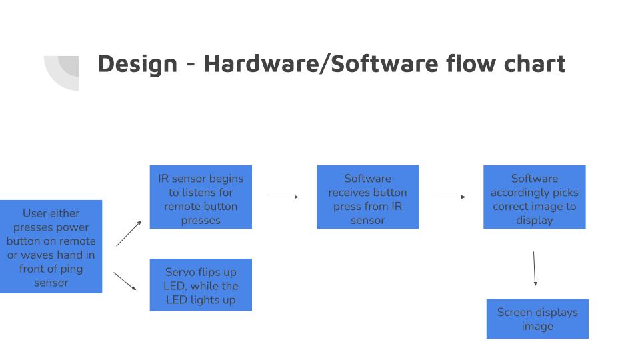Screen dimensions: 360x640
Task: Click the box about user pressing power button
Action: click(x=51, y=246)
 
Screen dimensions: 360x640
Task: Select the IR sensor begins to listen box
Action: click(x=201, y=197)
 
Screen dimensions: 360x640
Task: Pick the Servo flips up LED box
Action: click(x=201, y=285)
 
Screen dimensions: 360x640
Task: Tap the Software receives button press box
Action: click(x=367, y=197)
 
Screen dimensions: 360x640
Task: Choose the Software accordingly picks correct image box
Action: click(x=534, y=197)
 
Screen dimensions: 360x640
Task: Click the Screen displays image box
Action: click(x=537, y=319)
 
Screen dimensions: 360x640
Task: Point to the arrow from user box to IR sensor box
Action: click(x=129, y=233)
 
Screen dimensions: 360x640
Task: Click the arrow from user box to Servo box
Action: click(x=125, y=281)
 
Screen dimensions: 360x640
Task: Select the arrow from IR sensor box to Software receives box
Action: click(x=284, y=197)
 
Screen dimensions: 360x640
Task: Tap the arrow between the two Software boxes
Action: click(x=451, y=197)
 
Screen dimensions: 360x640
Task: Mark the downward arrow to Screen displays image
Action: click(x=534, y=268)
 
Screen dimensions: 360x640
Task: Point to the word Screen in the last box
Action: click(x=515, y=312)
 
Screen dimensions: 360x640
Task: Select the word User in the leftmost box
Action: click(x=35, y=213)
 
